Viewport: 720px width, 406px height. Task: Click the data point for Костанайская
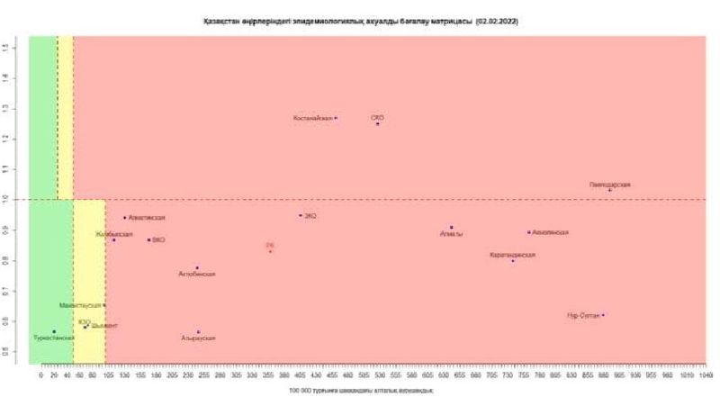coord(336,118)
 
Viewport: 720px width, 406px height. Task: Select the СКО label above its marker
coord(377,117)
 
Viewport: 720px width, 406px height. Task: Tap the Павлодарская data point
coord(609,190)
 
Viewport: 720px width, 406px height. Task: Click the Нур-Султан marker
coord(603,315)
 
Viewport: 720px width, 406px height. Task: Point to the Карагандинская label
coord(513,255)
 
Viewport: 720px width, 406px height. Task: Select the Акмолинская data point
coord(529,232)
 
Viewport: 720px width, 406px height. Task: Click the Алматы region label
coord(451,234)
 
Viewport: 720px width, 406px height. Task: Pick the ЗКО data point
coord(301,215)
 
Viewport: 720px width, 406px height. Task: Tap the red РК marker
coord(270,251)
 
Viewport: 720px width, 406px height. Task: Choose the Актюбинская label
coord(196,274)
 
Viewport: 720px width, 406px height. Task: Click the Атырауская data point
coord(198,332)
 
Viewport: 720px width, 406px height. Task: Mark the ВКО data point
coord(148,239)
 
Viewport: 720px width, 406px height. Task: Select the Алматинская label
coord(148,218)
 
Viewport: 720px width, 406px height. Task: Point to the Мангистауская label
coord(80,305)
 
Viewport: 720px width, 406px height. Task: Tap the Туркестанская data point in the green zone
coord(54,331)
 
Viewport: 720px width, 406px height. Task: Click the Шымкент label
coord(103,325)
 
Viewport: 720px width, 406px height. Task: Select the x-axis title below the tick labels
coord(361,390)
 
